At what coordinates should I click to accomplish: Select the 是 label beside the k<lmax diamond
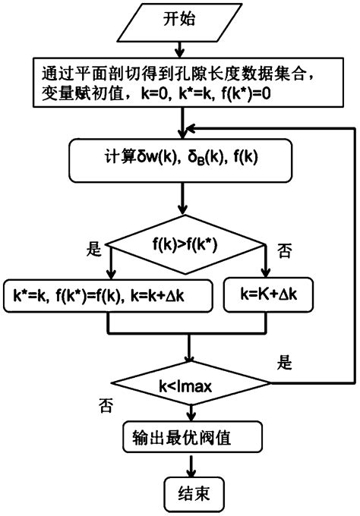(284, 363)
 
